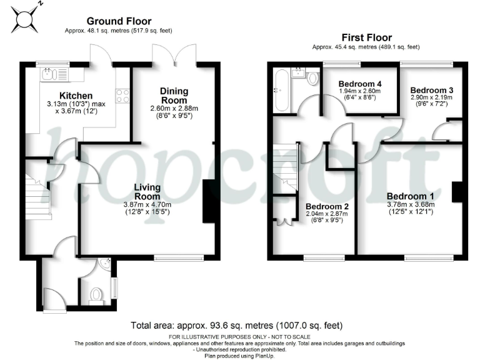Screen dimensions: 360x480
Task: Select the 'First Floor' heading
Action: click(x=366, y=37)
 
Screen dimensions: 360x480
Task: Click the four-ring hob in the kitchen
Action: click(x=122, y=95)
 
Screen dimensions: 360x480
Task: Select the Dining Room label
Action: click(x=174, y=96)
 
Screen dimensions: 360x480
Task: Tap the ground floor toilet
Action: click(x=96, y=293)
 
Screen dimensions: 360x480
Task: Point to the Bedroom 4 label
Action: click(x=359, y=84)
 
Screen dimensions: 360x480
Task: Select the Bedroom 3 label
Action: click(x=432, y=90)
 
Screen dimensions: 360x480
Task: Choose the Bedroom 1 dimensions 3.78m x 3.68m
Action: click(x=410, y=206)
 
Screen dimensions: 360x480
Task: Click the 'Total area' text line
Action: click(x=237, y=326)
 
